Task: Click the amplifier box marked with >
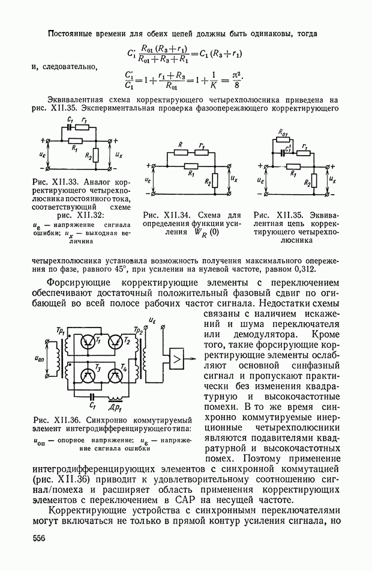[x=178, y=359]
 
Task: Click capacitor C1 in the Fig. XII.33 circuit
[x=71, y=127]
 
